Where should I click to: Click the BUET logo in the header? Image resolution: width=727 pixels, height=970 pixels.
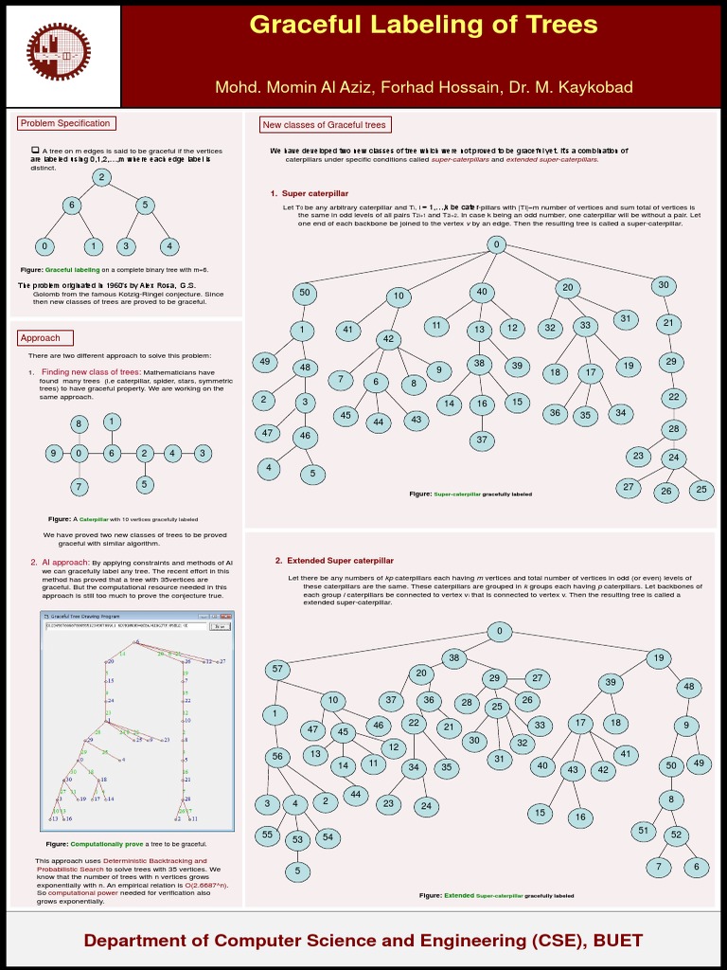(x=62, y=55)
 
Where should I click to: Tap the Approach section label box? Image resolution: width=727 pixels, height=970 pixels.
(x=42, y=337)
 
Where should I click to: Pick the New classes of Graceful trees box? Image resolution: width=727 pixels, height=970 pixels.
(x=325, y=125)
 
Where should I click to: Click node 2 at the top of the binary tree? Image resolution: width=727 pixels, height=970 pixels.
(x=101, y=177)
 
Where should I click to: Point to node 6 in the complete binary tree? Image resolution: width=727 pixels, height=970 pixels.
(x=70, y=205)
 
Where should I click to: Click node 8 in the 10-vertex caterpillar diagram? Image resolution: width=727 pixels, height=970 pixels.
(x=80, y=422)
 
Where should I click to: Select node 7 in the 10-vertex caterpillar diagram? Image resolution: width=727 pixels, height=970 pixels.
(x=80, y=487)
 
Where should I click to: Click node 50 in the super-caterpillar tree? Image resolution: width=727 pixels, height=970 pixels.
(x=305, y=293)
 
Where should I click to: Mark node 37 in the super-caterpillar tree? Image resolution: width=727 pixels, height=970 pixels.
(x=482, y=440)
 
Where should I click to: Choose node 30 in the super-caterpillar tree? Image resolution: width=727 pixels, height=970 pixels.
(x=664, y=285)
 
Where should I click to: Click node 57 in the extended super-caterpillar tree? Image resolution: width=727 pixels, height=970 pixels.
(x=277, y=669)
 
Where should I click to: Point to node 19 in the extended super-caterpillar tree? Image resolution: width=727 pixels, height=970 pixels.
(x=658, y=657)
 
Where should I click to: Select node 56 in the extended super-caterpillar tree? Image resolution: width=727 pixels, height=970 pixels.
(x=278, y=756)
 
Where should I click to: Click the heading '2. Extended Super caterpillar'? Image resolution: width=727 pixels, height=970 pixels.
(x=334, y=561)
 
